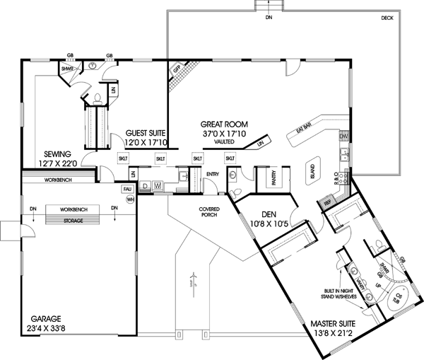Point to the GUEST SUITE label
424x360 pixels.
click(146, 132)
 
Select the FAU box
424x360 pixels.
click(128, 190)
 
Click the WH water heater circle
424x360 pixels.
click(129, 199)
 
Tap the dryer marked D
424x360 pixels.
click(145, 186)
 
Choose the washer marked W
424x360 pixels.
click(157, 186)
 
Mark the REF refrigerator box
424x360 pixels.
click(327, 201)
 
